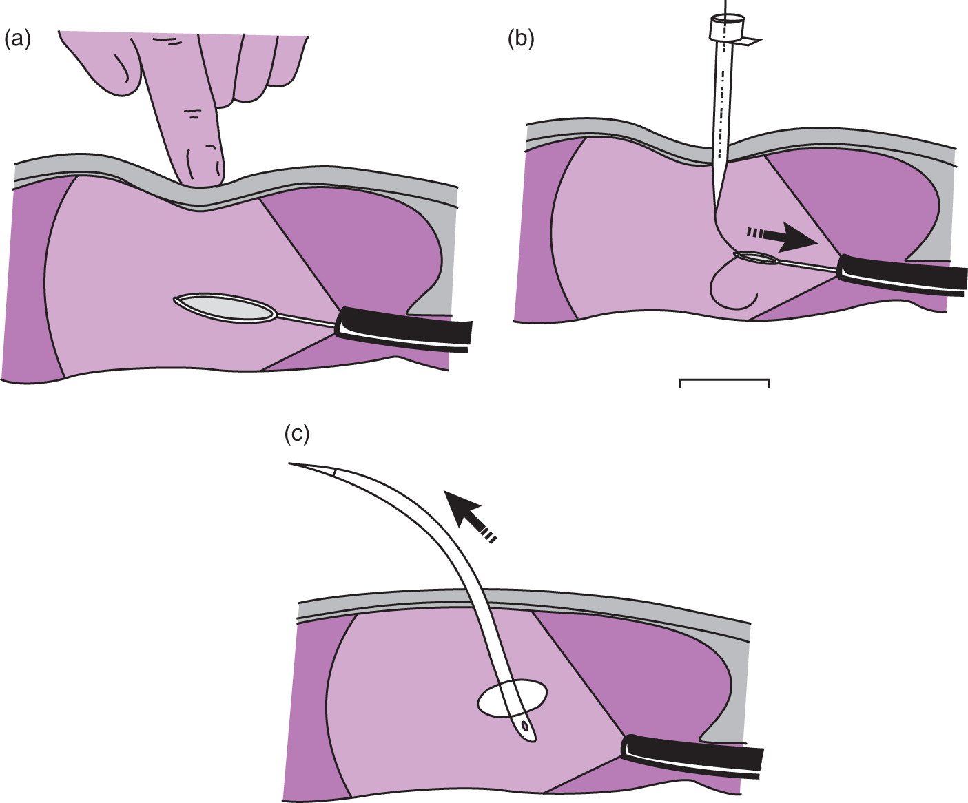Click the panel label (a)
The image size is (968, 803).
(x=18, y=40)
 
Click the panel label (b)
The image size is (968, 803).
(x=521, y=40)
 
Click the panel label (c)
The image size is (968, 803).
(x=297, y=434)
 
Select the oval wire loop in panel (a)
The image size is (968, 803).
(x=226, y=308)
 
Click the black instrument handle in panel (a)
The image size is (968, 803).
(x=404, y=331)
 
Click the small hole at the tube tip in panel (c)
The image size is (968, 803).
(x=526, y=727)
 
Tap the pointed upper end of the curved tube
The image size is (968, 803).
(x=293, y=464)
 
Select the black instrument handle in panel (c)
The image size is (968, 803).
(x=692, y=755)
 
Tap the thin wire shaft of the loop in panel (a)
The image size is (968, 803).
(x=307, y=320)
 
